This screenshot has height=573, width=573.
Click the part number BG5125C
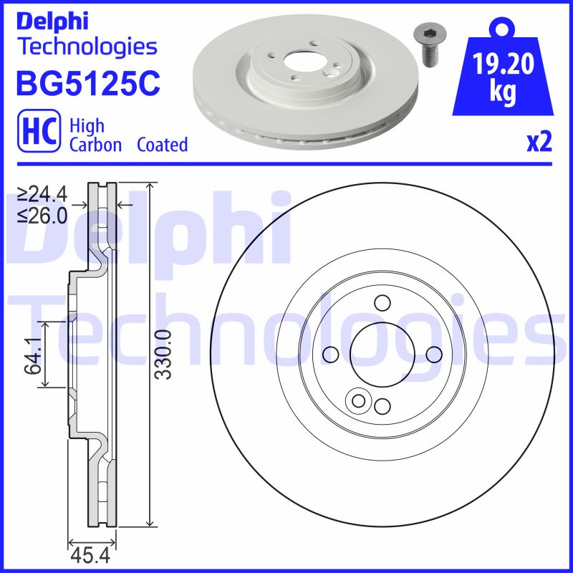click(87, 82)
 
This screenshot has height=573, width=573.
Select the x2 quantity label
click(539, 143)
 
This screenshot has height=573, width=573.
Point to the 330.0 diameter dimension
click(164, 354)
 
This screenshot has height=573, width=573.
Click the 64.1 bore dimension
click(30, 355)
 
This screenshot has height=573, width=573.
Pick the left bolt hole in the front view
click(330, 354)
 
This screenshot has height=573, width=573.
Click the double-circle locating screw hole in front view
click(356, 401)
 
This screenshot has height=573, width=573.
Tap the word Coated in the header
click(162, 145)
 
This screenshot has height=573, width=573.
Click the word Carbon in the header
click(95, 145)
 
